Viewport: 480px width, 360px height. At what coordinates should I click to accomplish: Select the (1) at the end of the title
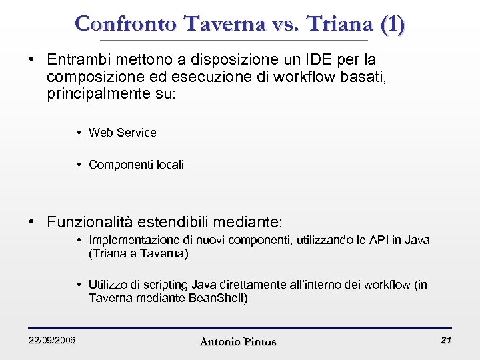click(391, 24)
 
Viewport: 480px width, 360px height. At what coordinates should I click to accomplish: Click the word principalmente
click(99, 93)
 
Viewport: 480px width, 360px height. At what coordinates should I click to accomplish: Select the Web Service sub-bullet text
click(123, 133)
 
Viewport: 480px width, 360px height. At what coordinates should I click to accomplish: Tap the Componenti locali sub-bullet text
click(136, 165)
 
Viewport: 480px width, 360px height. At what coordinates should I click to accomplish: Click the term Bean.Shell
click(217, 298)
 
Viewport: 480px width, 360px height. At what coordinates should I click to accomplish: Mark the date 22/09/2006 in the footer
click(51, 341)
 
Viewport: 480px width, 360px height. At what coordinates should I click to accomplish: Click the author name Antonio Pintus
click(237, 342)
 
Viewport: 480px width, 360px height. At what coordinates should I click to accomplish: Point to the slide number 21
click(446, 341)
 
